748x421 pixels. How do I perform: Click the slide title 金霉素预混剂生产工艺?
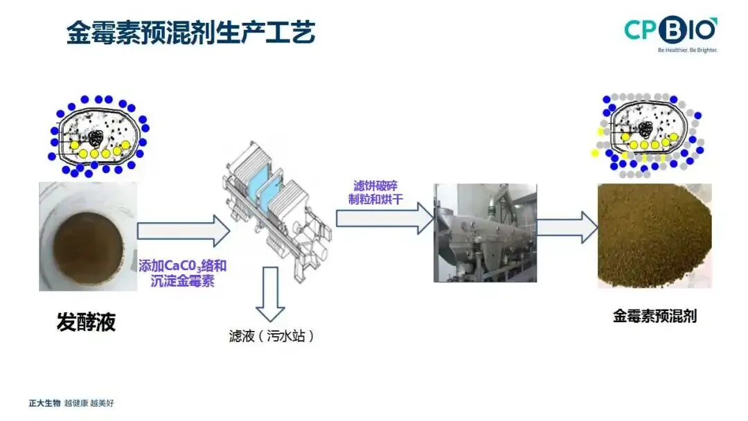(x=191, y=33)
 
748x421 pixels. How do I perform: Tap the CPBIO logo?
(x=670, y=30)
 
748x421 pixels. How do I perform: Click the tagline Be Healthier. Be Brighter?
(x=688, y=50)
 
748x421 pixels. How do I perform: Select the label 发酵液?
(x=87, y=322)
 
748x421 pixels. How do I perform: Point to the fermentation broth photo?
(x=88, y=237)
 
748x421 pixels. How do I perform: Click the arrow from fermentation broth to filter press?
(x=184, y=231)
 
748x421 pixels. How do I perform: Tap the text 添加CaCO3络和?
(x=183, y=266)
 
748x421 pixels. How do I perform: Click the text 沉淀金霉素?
(x=183, y=281)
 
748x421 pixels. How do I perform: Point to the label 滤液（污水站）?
(x=271, y=336)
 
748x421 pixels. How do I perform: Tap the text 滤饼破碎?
(x=375, y=186)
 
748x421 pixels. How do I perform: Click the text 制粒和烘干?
(x=375, y=199)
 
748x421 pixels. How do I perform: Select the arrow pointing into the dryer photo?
(x=385, y=218)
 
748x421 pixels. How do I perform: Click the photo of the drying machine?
(x=485, y=233)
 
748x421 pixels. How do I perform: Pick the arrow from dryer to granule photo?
(x=567, y=227)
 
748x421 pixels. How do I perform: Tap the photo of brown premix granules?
(x=654, y=236)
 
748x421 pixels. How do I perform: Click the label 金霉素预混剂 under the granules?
(x=654, y=316)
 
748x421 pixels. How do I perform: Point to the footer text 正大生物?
(x=44, y=404)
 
